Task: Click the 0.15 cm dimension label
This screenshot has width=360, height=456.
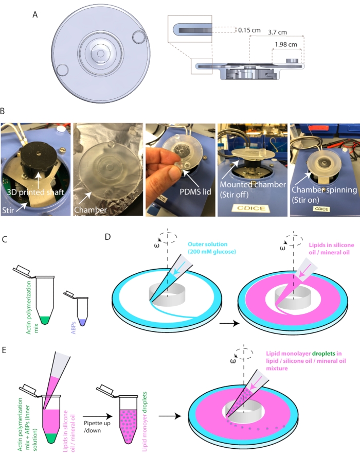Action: [249, 30]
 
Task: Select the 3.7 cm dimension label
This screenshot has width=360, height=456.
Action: [277, 32]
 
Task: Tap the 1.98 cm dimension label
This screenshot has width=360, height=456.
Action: [286, 44]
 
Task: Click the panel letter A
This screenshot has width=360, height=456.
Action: [35, 14]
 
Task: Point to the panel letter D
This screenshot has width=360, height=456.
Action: [107, 237]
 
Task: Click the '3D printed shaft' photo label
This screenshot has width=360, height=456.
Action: [35, 192]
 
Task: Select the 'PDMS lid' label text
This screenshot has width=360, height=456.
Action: [195, 192]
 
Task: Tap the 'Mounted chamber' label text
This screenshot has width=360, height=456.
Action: [253, 185]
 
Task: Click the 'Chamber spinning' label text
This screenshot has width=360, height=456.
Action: [325, 190]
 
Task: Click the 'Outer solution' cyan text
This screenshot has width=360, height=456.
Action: [207, 244]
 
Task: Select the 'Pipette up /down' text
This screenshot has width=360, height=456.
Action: [97, 427]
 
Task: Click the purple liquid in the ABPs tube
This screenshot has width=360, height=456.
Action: [82, 322]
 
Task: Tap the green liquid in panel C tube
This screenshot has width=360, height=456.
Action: [45, 320]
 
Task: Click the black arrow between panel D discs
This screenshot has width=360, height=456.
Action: [229, 323]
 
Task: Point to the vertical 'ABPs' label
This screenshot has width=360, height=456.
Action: [73, 327]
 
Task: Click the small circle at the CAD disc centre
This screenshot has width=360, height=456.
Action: [100, 54]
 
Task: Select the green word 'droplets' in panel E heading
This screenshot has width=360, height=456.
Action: [323, 354]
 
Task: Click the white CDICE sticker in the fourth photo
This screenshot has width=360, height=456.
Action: [251, 208]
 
